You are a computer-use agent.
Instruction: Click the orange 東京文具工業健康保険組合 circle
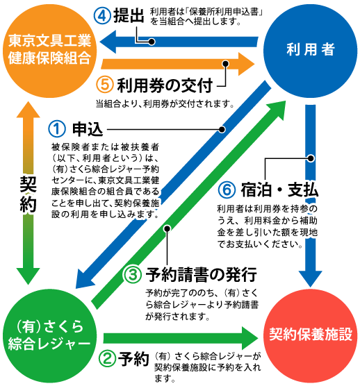pyautogui.click(x=49, y=51)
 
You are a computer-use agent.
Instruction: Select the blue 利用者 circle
pyautogui.click(x=310, y=51)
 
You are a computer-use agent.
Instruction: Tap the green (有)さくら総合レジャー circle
pyautogui.click(x=49, y=336)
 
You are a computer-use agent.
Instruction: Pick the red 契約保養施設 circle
pyautogui.click(x=310, y=336)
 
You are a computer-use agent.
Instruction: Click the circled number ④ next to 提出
pyautogui.click(x=102, y=16)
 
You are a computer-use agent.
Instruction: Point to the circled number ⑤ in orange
pyautogui.click(x=105, y=85)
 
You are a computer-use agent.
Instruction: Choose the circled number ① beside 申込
pyautogui.click(x=57, y=129)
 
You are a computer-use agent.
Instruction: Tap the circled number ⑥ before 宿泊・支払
pyautogui.click(x=227, y=190)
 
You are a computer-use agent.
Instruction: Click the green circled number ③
pyautogui.click(x=133, y=274)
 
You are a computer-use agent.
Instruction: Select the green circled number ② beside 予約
pyautogui.click(x=107, y=359)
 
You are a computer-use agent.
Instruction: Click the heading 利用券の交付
pyautogui.click(x=165, y=85)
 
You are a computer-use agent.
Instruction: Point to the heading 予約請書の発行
pyautogui.click(x=202, y=274)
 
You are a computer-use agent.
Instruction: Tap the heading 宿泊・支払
pyautogui.click(x=279, y=190)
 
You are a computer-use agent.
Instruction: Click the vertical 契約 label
pyautogui.click(x=28, y=194)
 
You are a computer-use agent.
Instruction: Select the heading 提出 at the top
pyautogui.click(x=129, y=15)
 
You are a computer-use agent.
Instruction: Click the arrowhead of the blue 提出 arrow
pyautogui.click(x=108, y=42)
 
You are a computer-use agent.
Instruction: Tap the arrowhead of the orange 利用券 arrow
pyautogui.click(x=246, y=64)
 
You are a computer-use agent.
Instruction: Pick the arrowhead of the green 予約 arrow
pyautogui.click(x=250, y=338)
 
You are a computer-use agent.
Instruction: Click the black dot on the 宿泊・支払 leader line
pyautogui.click(x=311, y=158)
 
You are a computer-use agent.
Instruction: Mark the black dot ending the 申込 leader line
pyautogui.click(x=222, y=129)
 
